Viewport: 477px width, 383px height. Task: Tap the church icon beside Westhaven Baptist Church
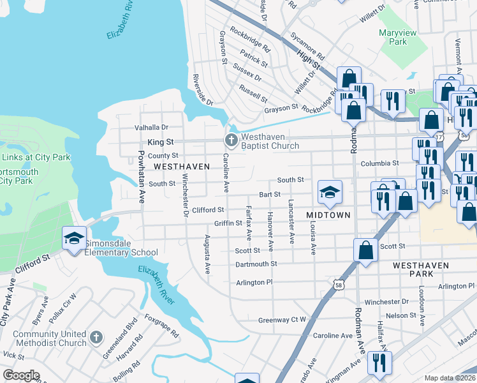[x=231, y=140]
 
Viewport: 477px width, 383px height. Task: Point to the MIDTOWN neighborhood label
[x=328, y=215]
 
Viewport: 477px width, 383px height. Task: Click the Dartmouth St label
[x=256, y=264]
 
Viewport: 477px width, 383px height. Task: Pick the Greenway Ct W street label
[x=283, y=320]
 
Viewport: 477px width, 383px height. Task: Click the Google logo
[x=21, y=375]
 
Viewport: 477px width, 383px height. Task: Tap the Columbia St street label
[x=379, y=163]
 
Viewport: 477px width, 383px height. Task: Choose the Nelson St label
[x=400, y=315]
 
